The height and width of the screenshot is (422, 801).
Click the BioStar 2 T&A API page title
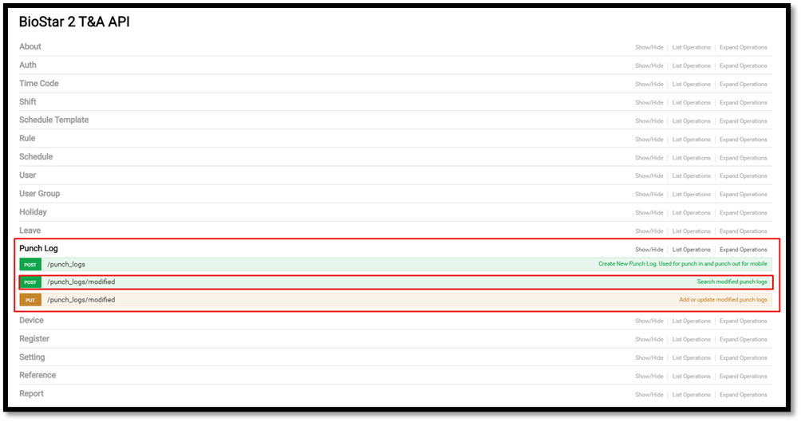(74, 22)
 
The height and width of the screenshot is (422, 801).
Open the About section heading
(30, 47)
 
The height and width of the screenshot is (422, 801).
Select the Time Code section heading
(39, 84)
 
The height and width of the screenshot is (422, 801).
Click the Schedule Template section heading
(54, 120)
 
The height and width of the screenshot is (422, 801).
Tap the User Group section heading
(40, 194)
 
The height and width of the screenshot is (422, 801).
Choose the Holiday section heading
(34, 212)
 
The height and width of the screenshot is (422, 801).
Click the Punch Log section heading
(39, 249)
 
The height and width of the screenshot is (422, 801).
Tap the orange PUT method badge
(30, 300)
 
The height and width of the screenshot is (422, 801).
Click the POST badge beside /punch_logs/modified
(30, 282)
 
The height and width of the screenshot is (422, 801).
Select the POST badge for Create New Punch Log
(30, 264)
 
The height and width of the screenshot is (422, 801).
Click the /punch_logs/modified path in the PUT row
(81, 300)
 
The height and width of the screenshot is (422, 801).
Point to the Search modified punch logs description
(732, 282)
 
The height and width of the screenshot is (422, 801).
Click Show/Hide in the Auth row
(649, 66)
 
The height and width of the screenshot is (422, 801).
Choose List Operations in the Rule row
(691, 140)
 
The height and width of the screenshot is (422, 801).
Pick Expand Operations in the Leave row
(743, 231)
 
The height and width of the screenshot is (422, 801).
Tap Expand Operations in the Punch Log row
(743, 250)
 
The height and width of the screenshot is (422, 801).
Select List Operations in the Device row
(691, 321)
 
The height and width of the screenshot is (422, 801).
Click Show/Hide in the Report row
(649, 395)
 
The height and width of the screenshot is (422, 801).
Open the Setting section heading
(32, 357)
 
